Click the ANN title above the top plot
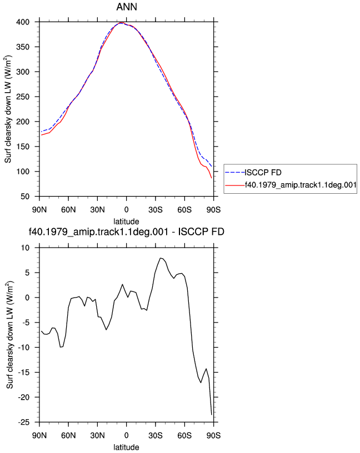tap(127, 7)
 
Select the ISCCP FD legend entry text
tap(263, 173)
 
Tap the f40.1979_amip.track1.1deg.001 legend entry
tap(301, 185)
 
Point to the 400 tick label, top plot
tap(23, 22)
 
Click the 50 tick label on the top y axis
tap(25, 197)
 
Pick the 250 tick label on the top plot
tap(23, 97)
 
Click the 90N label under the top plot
tap(39, 210)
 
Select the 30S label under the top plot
tap(156, 210)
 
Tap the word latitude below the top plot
tap(126, 222)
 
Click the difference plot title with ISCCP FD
tap(127, 231)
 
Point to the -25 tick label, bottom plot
tap(23, 422)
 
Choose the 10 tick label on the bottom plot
tap(26, 248)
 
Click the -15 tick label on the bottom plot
tap(23, 373)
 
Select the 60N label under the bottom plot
tap(68, 436)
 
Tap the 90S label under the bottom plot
tap(214, 436)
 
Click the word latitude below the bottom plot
tap(126, 447)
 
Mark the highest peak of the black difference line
tap(161, 258)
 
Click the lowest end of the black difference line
tap(212, 415)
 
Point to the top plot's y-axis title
tap(8, 109)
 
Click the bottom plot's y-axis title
tap(10, 335)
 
